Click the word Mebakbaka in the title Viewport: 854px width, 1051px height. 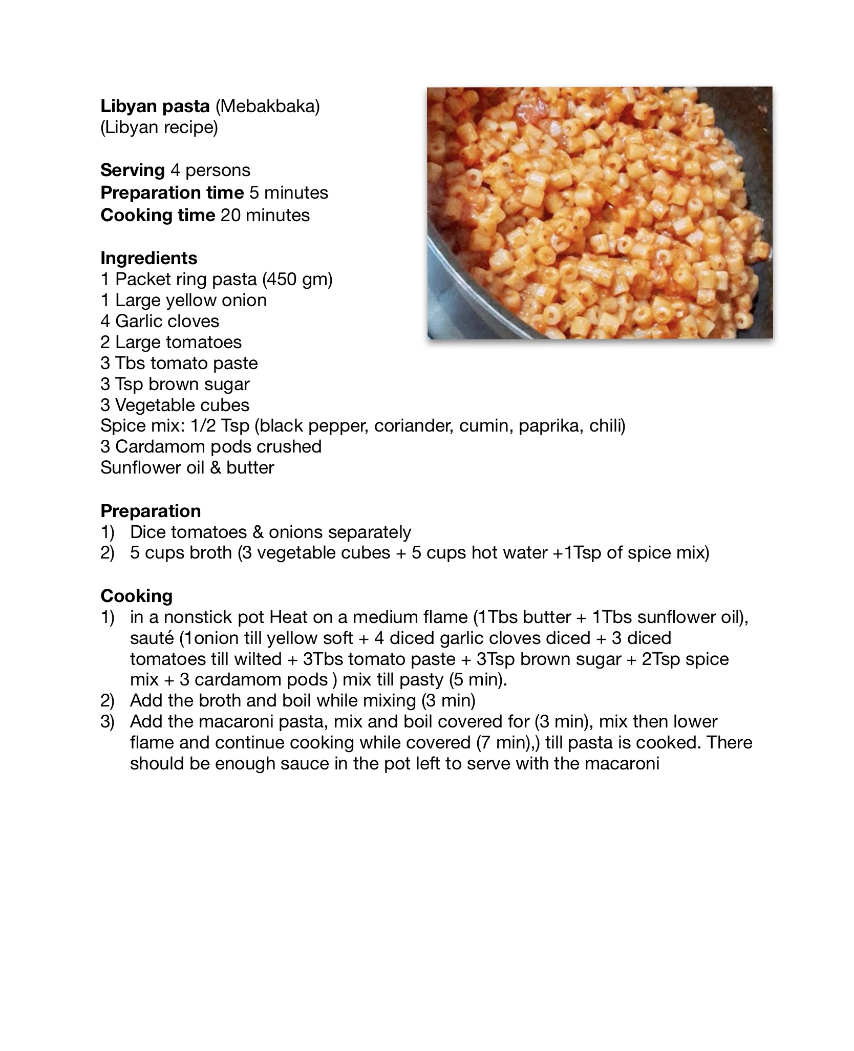pos(267,106)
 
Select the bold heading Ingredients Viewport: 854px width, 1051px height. pos(149,258)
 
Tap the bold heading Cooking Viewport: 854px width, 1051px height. pos(136,596)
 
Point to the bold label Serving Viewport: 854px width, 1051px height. pos(133,170)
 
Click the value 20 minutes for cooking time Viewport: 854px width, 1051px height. pos(265,215)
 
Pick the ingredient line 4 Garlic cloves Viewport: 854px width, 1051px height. pos(160,321)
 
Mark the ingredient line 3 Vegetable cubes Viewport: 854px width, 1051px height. pos(175,405)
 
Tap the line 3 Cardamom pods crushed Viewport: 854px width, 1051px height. pos(211,446)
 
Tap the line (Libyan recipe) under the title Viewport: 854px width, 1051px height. pos(159,127)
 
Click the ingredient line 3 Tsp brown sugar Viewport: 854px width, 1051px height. pos(175,384)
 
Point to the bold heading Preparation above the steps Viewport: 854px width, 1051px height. pos(151,511)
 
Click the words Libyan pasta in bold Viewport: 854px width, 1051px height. pos(155,106)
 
